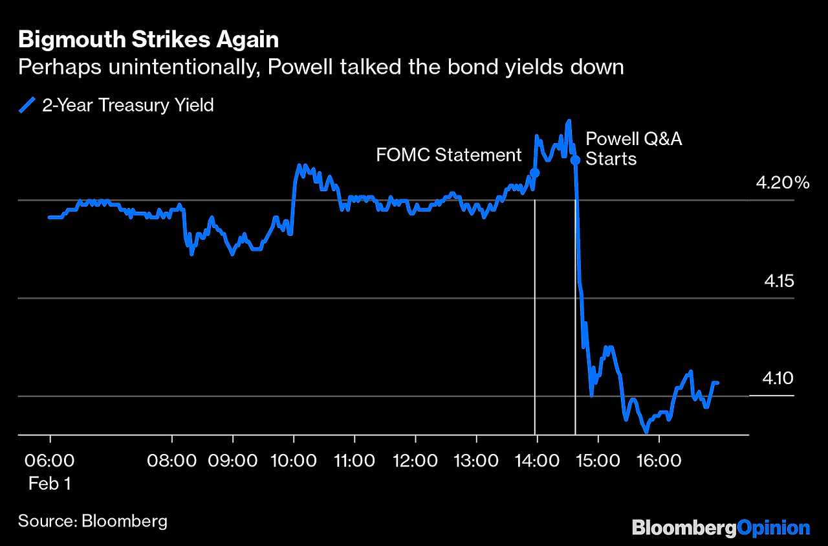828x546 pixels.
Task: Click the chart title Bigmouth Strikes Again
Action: click(x=148, y=40)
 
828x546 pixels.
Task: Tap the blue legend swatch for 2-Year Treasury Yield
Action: click(x=27, y=105)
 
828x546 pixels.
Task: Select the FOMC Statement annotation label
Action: click(x=448, y=155)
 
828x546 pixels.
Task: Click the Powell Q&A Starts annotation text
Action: click(x=633, y=148)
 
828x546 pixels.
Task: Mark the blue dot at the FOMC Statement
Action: click(x=534, y=172)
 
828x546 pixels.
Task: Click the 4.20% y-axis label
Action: click(x=783, y=183)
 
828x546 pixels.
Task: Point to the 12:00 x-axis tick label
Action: click(x=415, y=461)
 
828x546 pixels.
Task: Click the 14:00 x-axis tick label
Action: click(x=536, y=461)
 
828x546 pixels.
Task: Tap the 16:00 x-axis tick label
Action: click(x=658, y=461)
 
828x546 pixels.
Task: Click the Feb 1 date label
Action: click(x=50, y=483)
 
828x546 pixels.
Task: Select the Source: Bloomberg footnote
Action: click(x=93, y=521)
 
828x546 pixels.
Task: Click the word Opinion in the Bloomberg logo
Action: click(x=774, y=528)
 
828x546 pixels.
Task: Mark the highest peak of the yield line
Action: click(x=569, y=121)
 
